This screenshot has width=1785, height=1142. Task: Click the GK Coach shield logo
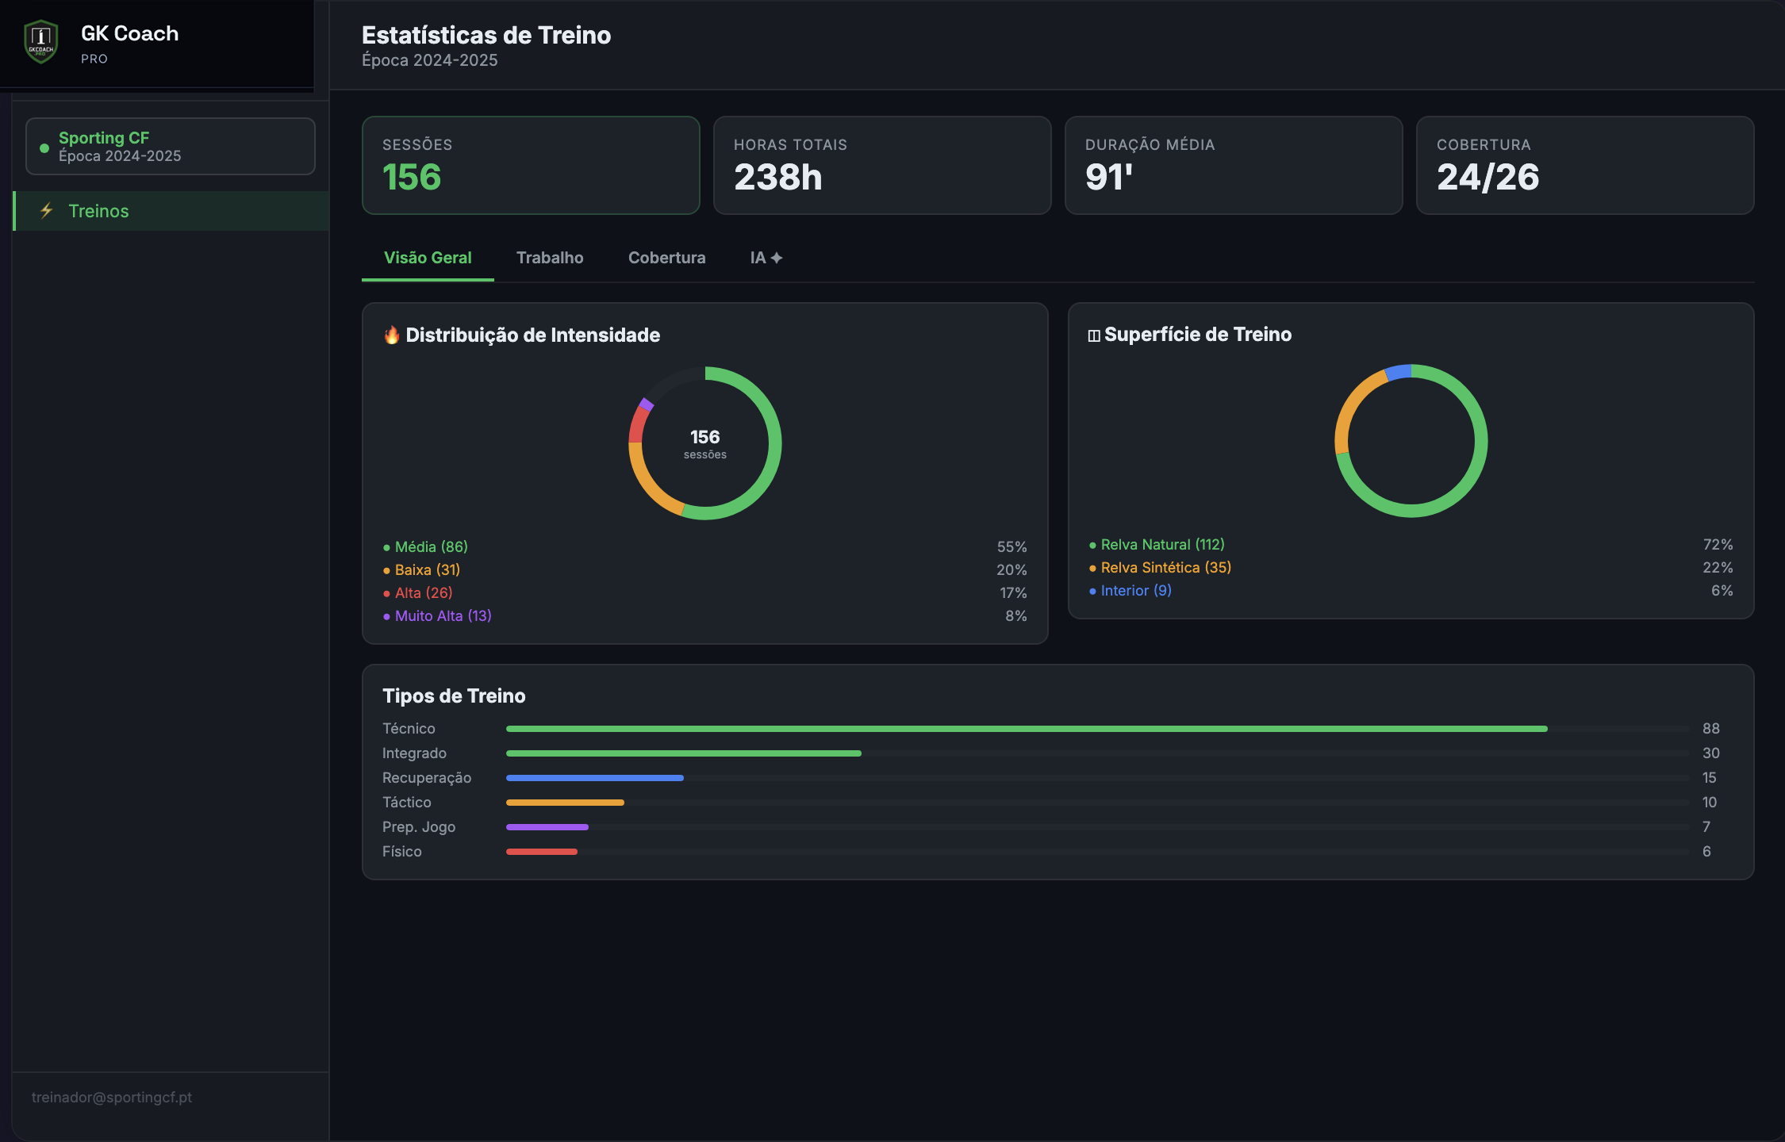pyautogui.click(x=40, y=41)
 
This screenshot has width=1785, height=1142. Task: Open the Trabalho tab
pyautogui.click(x=550, y=258)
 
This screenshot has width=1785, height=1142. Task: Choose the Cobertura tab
pyautogui.click(x=666, y=258)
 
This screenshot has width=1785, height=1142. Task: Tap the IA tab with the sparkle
pyautogui.click(x=766, y=258)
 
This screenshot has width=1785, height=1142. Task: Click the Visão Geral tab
pyautogui.click(x=428, y=258)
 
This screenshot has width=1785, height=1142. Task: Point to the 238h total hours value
pyautogui.click(x=777, y=177)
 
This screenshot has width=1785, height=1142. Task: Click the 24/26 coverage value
pyautogui.click(x=1487, y=177)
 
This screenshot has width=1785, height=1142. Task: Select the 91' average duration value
pyautogui.click(x=1109, y=177)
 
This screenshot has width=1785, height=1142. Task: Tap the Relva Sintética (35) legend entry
pyautogui.click(x=1160, y=567)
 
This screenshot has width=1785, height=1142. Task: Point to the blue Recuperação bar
pyautogui.click(x=595, y=778)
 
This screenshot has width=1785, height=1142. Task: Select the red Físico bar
pyautogui.click(x=542, y=852)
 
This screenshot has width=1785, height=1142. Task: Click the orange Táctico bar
pyautogui.click(x=565, y=803)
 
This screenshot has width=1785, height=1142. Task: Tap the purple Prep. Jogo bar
pyautogui.click(x=547, y=827)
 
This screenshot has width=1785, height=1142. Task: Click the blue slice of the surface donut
pyautogui.click(x=1399, y=372)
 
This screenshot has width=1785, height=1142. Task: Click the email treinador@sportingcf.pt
pyautogui.click(x=112, y=1097)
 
